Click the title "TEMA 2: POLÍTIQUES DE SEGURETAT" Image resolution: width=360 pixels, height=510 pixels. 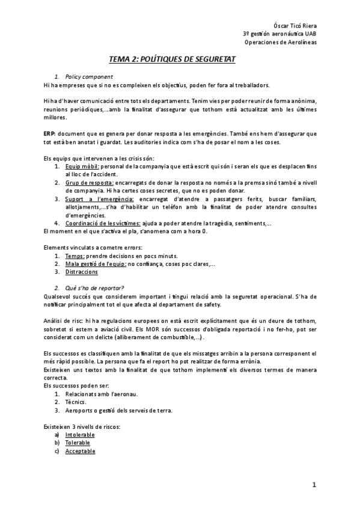pos(180,60)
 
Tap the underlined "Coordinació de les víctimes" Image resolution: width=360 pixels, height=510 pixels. pos(103,223)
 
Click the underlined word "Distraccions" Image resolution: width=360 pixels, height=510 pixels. pos(82,272)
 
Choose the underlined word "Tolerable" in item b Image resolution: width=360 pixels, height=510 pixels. pos(78,442)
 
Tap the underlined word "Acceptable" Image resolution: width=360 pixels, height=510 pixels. pos(81,450)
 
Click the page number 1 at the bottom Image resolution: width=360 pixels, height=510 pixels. pos(314,484)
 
